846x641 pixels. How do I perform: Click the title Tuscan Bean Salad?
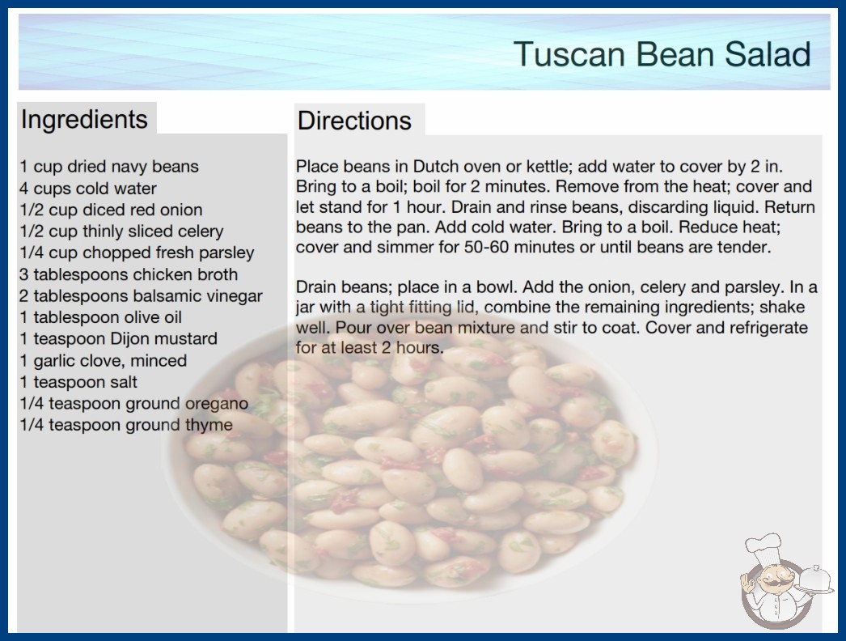click(x=662, y=54)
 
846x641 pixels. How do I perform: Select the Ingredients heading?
click(x=84, y=119)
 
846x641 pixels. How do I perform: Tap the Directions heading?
click(x=354, y=121)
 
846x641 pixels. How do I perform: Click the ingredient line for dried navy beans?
click(x=109, y=167)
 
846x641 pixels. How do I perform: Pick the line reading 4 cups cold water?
click(x=88, y=189)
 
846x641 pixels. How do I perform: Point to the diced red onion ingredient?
click(x=111, y=210)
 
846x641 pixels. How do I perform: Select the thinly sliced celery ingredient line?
click(x=121, y=231)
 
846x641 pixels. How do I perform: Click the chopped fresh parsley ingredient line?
click(x=137, y=253)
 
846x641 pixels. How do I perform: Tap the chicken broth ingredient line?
click(x=129, y=274)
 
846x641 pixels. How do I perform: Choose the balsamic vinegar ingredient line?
click(x=141, y=296)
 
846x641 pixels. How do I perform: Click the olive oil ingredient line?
click(x=100, y=317)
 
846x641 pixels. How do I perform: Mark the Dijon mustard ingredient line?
click(x=118, y=338)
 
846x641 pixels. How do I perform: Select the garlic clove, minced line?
click(x=103, y=361)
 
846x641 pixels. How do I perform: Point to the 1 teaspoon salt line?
click(x=78, y=382)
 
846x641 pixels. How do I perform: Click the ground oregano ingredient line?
click(x=133, y=403)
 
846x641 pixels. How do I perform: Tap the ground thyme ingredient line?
click(x=125, y=425)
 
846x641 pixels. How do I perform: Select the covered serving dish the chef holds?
click(x=814, y=580)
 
